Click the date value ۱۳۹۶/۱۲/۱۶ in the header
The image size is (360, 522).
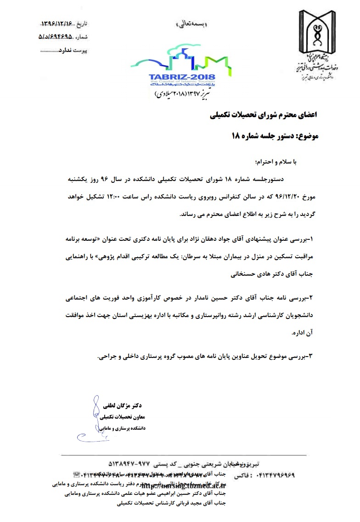point(57,23)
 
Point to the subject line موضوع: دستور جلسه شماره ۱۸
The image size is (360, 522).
point(276,136)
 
